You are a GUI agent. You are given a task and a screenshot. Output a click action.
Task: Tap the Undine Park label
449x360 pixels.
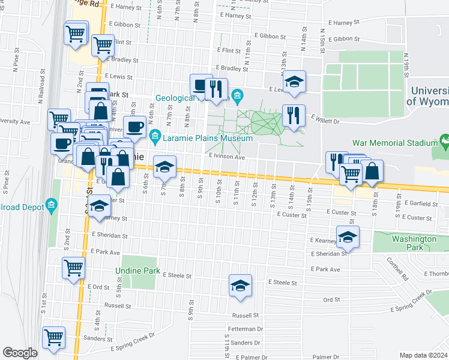click(x=138, y=271)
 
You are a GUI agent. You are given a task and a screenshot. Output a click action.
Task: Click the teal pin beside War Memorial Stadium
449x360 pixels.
click(x=445, y=142)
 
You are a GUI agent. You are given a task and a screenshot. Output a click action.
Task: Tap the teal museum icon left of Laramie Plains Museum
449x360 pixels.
click(x=155, y=138)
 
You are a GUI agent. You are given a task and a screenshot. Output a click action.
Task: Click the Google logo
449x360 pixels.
click(x=20, y=352)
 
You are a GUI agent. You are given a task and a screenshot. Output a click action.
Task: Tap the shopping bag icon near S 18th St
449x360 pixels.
click(x=372, y=170)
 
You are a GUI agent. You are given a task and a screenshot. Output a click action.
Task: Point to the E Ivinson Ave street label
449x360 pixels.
click(x=228, y=157)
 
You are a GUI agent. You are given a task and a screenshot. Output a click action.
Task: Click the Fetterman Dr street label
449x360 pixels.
click(x=246, y=329)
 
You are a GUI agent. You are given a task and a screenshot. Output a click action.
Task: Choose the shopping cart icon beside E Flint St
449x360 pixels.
click(x=103, y=44)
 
